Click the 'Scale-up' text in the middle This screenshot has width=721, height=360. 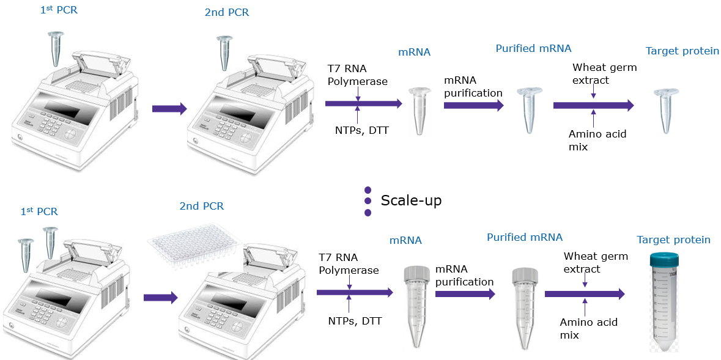[x=411, y=200]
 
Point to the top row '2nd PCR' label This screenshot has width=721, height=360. [x=227, y=12]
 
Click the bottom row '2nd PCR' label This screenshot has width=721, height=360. [x=201, y=206]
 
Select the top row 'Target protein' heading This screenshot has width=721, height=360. [x=682, y=51]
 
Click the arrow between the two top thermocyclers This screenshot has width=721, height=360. [x=169, y=109]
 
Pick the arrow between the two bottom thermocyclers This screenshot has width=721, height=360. [x=160, y=298]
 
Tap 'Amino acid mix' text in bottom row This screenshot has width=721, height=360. [x=588, y=328]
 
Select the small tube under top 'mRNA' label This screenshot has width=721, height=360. [x=419, y=111]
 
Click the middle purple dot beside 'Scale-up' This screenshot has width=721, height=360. [x=368, y=201]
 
